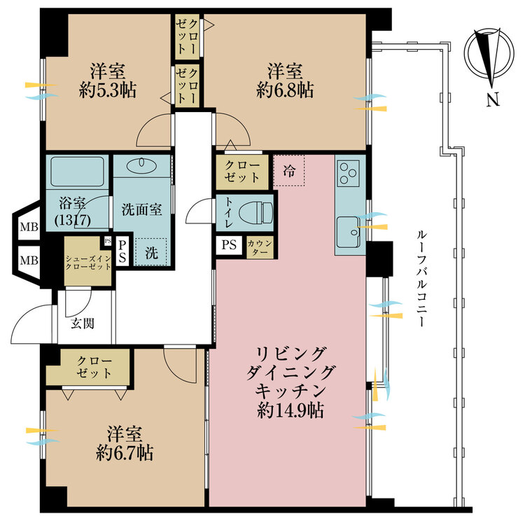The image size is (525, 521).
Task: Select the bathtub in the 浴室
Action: click(77, 172)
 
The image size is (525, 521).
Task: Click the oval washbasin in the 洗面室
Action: click(142, 163)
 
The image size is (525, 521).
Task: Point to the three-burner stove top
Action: click(348, 173)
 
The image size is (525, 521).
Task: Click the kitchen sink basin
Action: click(348, 232)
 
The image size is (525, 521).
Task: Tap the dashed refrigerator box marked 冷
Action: click(289, 171)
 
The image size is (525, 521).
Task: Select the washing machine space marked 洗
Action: click(151, 252)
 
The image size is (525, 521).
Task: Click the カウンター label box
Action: click(260, 248)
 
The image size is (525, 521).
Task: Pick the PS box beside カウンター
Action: click(229, 245)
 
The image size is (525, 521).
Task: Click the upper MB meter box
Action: click(29, 227)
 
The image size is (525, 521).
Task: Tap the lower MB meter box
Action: click(29, 260)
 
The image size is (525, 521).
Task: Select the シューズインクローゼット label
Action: click(88, 263)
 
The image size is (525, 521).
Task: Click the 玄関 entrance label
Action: click(83, 324)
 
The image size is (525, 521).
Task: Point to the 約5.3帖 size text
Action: click(108, 90)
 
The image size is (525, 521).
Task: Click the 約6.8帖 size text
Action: click(285, 90)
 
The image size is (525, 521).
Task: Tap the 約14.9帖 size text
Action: click(290, 410)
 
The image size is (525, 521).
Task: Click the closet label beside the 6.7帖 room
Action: click(94, 367)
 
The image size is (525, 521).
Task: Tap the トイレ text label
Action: click(229, 212)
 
